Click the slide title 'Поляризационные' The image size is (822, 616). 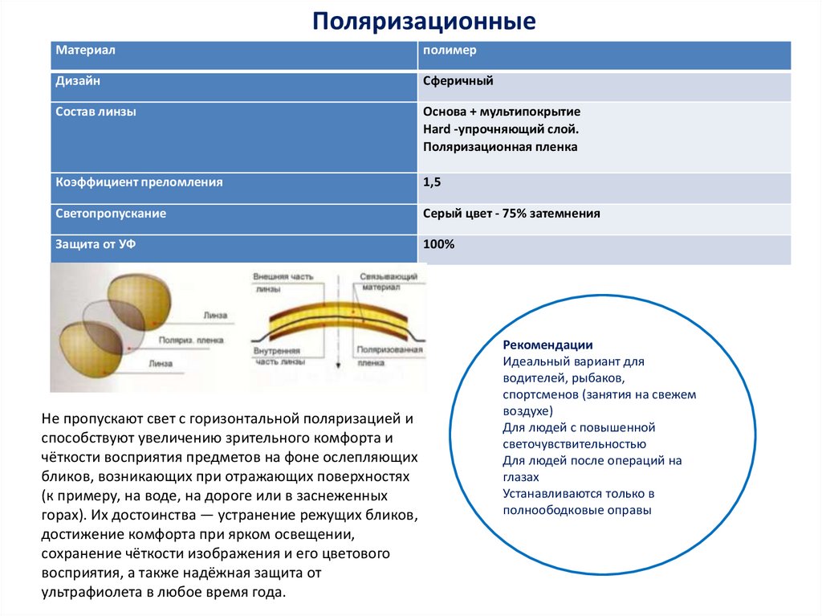click(424, 21)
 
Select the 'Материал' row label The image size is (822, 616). click(86, 50)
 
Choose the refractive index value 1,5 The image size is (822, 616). click(432, 182)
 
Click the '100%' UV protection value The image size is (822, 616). click(438, 244)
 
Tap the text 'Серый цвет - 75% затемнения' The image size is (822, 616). click(511, 214)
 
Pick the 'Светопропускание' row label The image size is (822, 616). click(111, 214)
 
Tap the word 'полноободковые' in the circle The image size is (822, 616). click(543, 509)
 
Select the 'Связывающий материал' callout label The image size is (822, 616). click(389, 280)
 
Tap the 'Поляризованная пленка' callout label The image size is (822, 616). click(390, 356)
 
